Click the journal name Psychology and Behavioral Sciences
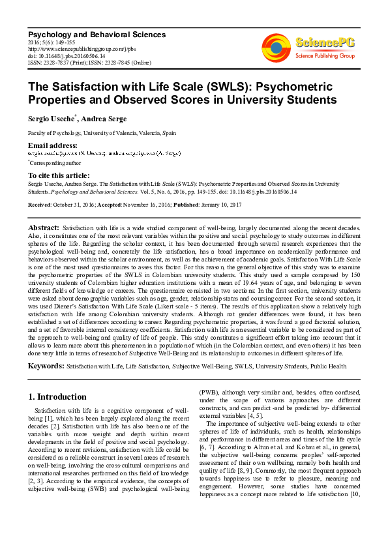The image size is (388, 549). click(97, 34)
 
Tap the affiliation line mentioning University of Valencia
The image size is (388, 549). click(102, 132)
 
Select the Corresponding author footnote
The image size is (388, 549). click(55, 162)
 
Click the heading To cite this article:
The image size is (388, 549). click(59, 175)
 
